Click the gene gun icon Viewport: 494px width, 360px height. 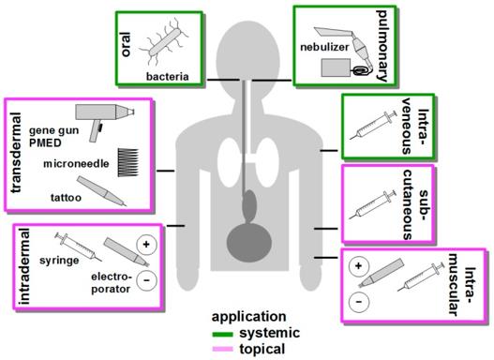pos(100,121)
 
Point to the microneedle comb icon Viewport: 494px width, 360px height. pos(131,160)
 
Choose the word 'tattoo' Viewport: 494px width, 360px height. pos(64,198)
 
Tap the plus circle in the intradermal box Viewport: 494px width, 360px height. pos(146,245)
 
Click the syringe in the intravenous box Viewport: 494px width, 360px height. pos(379,125)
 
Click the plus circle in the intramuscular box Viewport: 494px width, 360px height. pos(357,268)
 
